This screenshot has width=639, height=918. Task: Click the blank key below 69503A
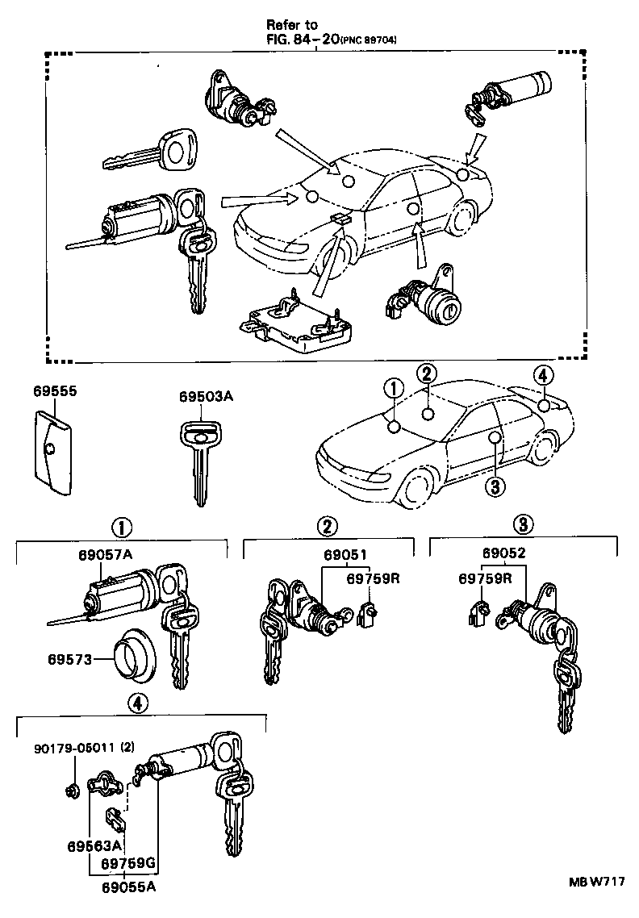coord(197,460)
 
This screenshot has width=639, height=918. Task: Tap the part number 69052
coord(503,553)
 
